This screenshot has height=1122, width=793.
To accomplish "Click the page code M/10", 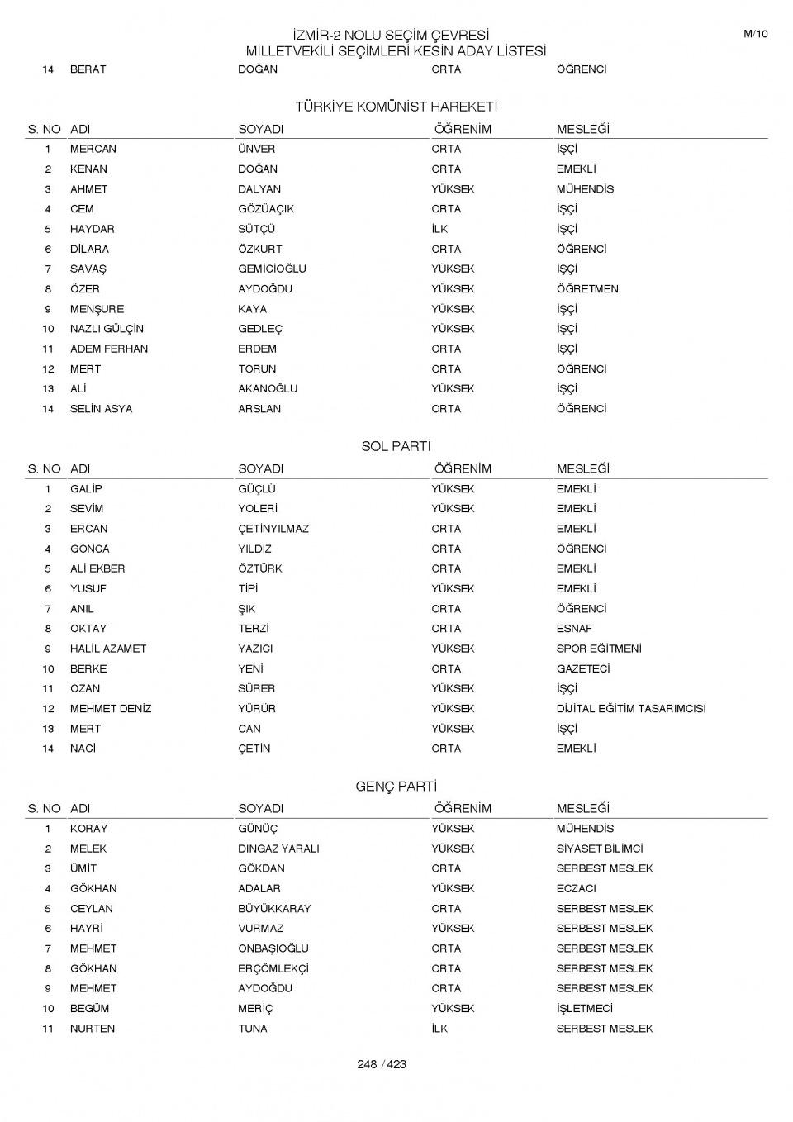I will [x=755, y=34].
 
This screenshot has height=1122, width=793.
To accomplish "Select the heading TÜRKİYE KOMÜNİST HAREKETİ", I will [x=396, y=107].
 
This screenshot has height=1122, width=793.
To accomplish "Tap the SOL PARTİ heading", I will [x=396, y=447].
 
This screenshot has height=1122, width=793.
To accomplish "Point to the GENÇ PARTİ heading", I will [x=396, y=787].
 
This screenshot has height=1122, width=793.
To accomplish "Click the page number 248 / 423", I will [x=382, y=1064].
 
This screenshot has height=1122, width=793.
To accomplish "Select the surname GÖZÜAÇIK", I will [x=266, y=209].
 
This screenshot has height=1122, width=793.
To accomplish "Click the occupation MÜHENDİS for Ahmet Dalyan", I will [x=585, y=189].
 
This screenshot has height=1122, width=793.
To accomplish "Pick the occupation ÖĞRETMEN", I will [x=587, y=289].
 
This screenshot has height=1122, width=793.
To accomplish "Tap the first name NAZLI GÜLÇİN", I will [x=107, y=329].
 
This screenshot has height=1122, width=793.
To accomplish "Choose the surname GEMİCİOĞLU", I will [x=272, y=269].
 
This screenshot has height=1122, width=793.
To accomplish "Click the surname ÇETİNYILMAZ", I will [x=273, y=529].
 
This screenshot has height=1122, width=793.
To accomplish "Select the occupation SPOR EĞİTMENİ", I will [x=599, y=649].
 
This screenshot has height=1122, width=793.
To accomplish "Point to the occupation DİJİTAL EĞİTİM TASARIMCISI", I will [x=631, y=709].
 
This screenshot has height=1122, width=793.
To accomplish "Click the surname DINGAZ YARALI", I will [x=278, y=849].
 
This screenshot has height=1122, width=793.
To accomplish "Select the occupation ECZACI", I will [x=576, y=888].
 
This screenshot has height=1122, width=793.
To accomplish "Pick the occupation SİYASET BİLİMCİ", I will [x=600, y=849].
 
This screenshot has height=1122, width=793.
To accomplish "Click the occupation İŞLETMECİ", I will [x=585, y=1008].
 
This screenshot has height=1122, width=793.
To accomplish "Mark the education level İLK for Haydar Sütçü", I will [x=439, y=229].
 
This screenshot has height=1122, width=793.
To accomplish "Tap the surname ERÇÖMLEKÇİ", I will [x=273, y=968].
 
